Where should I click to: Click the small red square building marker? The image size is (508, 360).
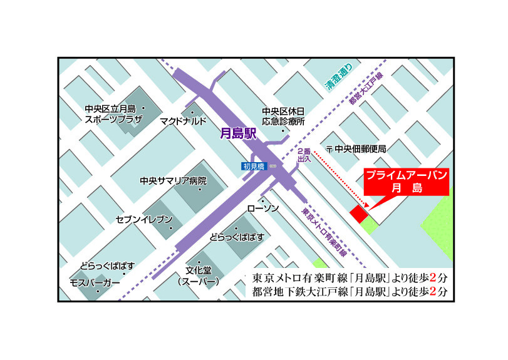pyautogui.click(x=359, y=213)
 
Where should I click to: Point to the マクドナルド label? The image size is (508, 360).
pyautogui.click(x=182, y=121)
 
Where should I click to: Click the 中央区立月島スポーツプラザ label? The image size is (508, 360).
pyautogui.click(x=114, y=113)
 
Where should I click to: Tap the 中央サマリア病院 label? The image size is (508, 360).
pyautogui.click(x=173, y=180)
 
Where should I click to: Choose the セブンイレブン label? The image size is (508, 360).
pyautogui.click(x=143, y=220)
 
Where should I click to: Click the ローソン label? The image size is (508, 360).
pyautogui.click(x=263, y=208)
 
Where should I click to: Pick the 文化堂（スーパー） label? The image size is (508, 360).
pyautogui.click(x=197, y=277)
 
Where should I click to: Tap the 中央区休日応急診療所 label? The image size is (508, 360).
pyautogui.click(x=284, y=116)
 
